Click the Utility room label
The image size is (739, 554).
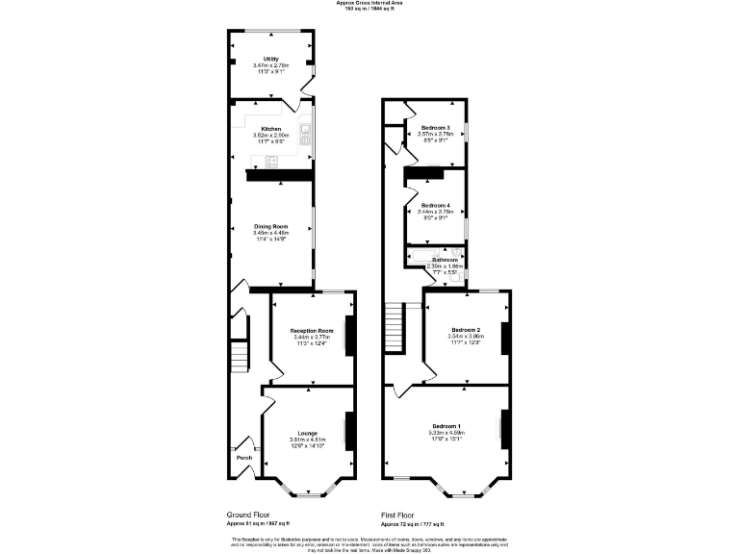tap(271, 59)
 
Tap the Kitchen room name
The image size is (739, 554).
tap(270, 128)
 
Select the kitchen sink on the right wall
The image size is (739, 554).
tap(306, 135)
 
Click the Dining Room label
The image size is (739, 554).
tap(270, 226)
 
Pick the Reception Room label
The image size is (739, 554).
tap(312, 331)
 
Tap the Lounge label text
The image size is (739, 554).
tap(309, 434)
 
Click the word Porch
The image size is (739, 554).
tap(244, 458)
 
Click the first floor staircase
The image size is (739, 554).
tap(394, 327)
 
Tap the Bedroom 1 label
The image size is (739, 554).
tap(446, 426)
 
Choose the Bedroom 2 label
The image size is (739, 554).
tap(466, 330)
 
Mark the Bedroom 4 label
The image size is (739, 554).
tap(435, 205)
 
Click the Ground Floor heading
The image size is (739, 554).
tap(246, 515)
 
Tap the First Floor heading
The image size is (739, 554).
tap(400, 515)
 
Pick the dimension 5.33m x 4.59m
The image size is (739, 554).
tap(446, 433)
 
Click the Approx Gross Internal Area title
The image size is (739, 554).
tap(369, 3)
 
